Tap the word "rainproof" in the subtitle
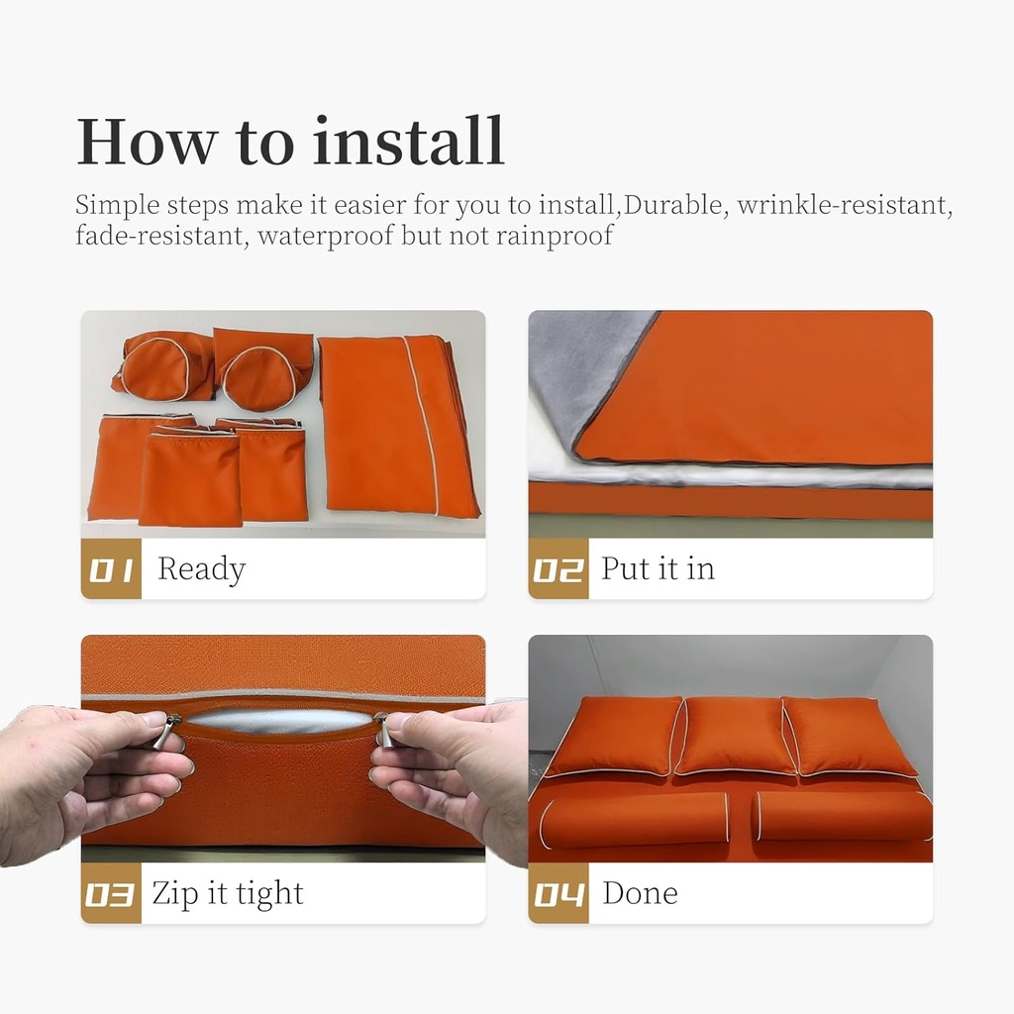tap(555, 236)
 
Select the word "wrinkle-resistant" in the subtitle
tap(845, 206)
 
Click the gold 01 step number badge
tap(111, 568)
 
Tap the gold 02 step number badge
tap(558, 568)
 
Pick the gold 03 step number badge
tap(111, 893)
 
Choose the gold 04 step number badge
tap(558, 893)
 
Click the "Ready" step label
tap(201, 569)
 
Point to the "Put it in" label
tap(658, 568)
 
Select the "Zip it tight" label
tap(228, 894)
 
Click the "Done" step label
tap(641, 893)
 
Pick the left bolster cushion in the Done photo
tap(635, 821)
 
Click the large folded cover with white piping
tap(398, 427)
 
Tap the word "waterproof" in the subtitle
tap(325, 236)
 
